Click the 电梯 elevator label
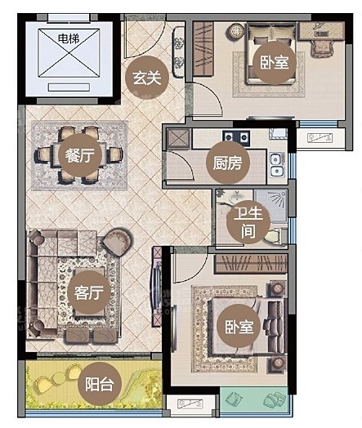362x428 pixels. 69,38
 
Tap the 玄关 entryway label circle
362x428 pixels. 147,78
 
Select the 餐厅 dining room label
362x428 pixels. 80,155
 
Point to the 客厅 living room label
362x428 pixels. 89,292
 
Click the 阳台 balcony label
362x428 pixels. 100,384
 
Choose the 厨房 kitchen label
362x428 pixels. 228,163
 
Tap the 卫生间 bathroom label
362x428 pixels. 248,222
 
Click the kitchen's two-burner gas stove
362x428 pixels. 236,136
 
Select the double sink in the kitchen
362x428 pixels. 277,165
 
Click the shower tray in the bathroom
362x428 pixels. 270,206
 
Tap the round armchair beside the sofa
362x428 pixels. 117,242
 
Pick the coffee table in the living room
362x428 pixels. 90,292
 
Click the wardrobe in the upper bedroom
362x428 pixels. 203,48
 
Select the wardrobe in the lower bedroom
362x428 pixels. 251,263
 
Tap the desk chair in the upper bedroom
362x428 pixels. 322,48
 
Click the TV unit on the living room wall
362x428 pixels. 157,288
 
